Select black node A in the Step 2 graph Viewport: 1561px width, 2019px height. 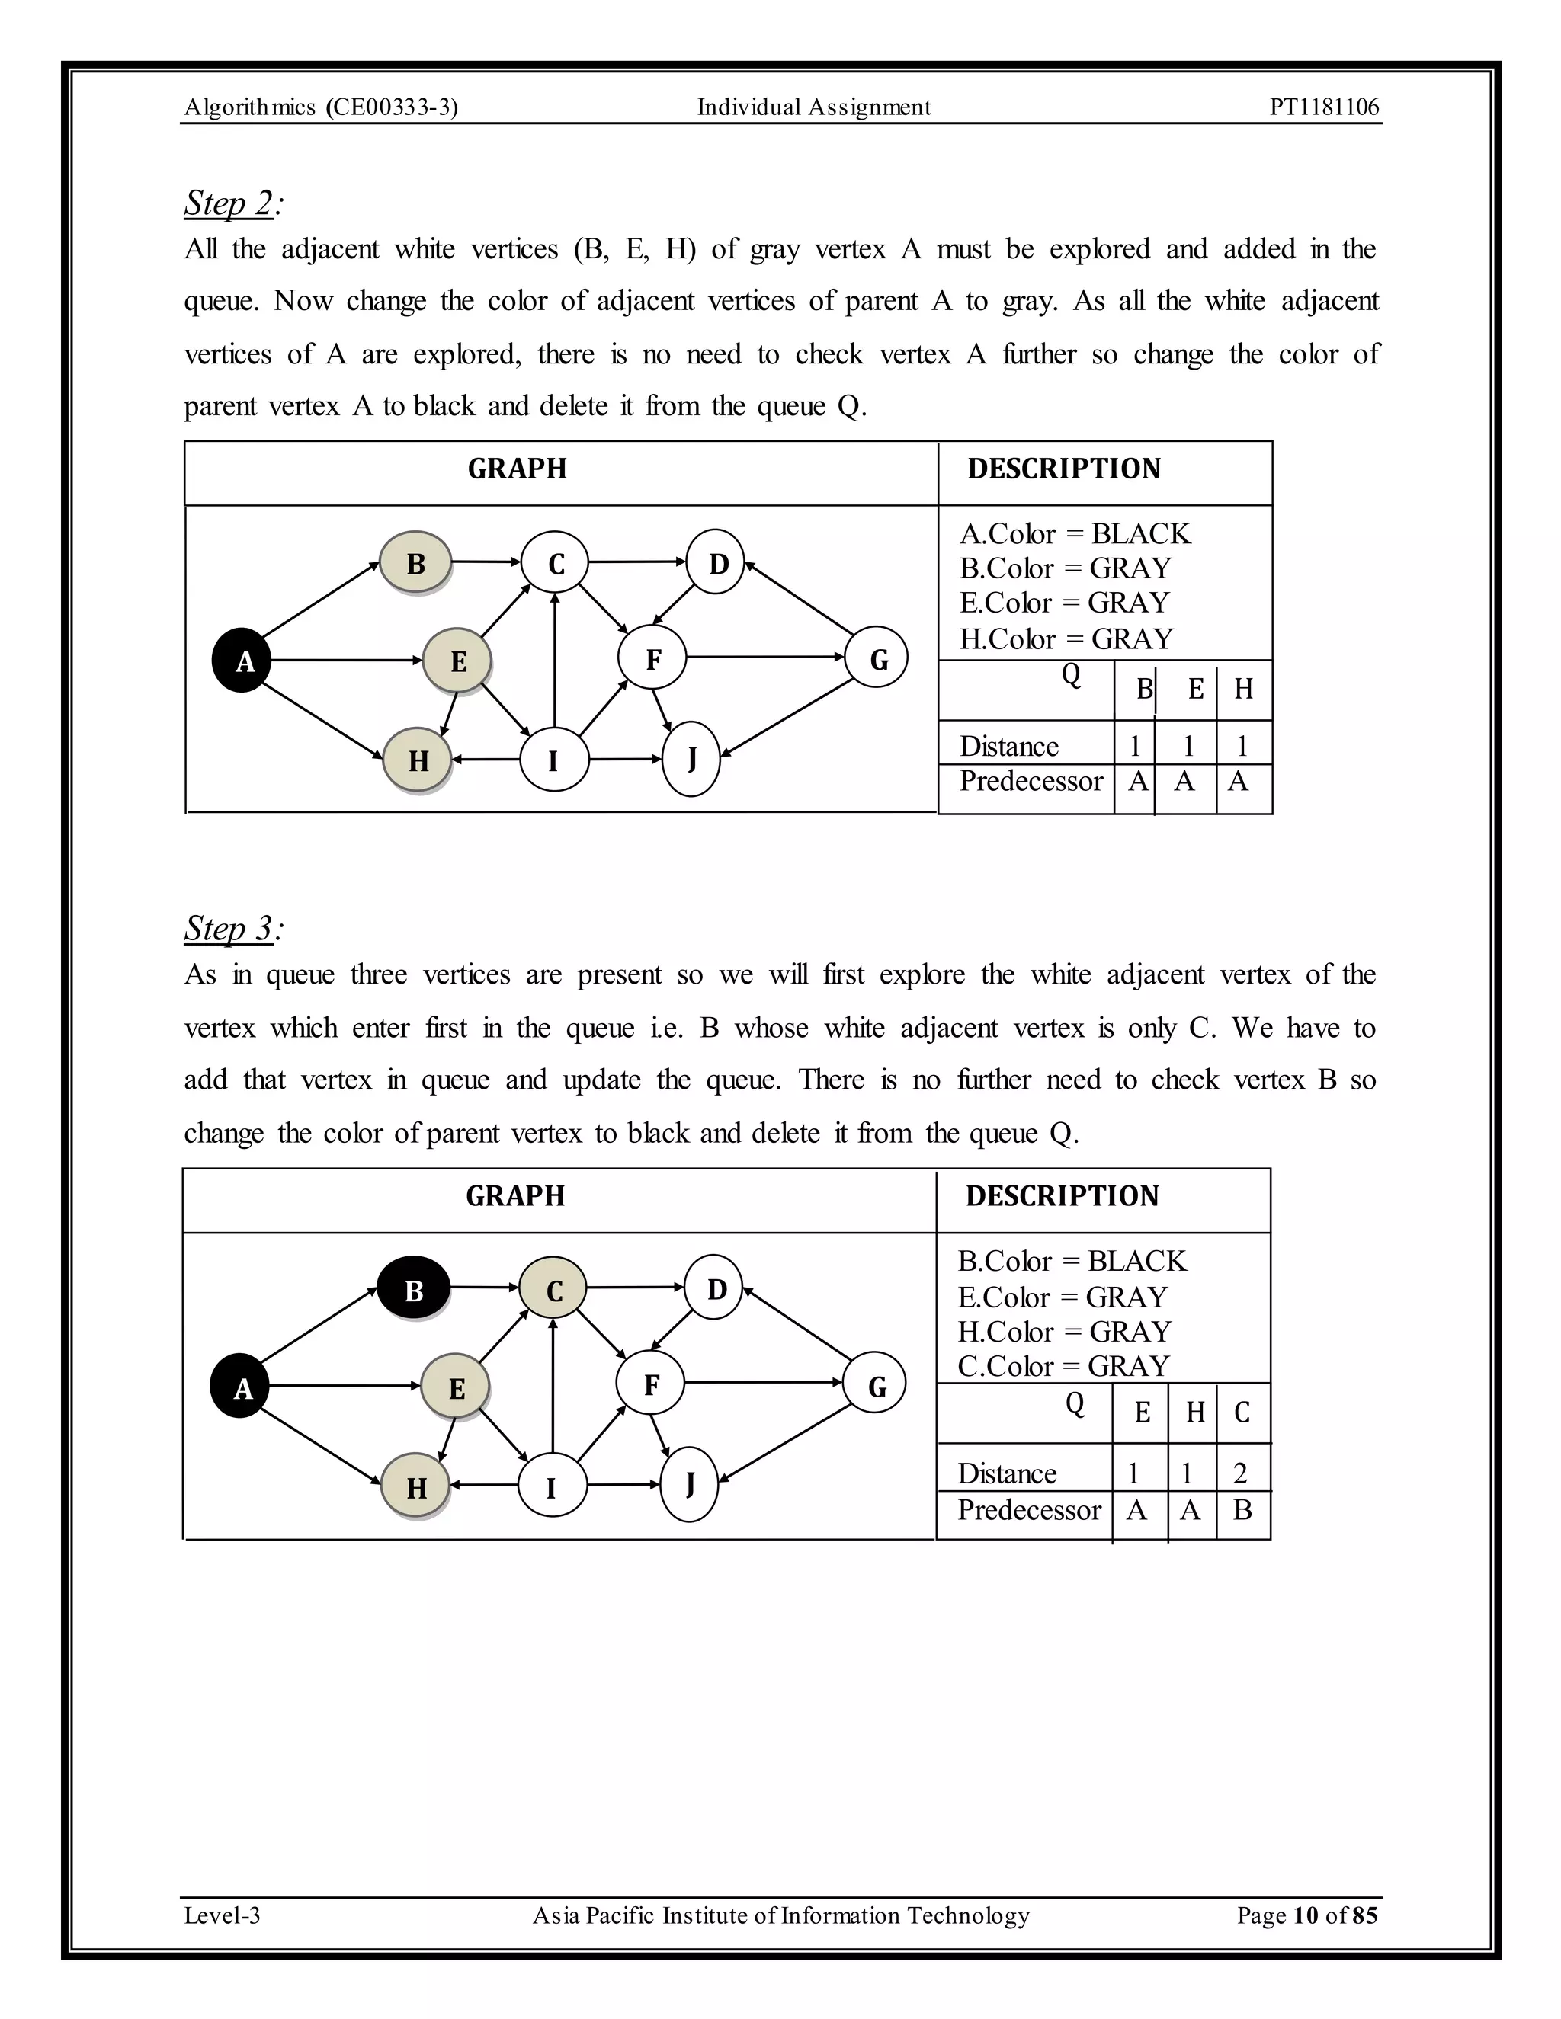point(242,661)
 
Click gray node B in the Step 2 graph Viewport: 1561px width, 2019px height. point(416,563)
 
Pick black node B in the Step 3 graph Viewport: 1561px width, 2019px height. point(413,1290)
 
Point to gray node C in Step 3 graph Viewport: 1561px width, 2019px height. point(553,1290)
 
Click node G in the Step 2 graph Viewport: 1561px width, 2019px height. point(877,658)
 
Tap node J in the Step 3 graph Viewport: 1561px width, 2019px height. point(690,1483)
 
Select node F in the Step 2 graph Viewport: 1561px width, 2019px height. point(653,658)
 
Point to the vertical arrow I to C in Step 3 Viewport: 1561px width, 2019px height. point(553,1387)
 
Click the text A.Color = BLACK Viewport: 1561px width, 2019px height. point(1075,533)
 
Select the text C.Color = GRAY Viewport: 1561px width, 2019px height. point(1063,1365)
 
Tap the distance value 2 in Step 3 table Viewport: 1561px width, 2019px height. point(1240,1473)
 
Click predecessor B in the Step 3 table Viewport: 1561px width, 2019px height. point(1242,1509)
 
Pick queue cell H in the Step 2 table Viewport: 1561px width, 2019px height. point(1243,689)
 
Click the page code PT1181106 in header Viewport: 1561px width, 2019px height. point(1323,107)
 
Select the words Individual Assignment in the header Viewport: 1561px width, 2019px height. point(814,107)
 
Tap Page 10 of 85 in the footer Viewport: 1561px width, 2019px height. point(1306,1915)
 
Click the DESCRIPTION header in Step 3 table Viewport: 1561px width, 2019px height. point(1062,1195)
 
